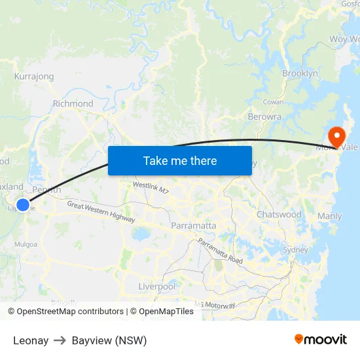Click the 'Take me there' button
click(180, 160)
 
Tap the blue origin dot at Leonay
click(23, 205)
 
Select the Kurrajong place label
click(34, 77)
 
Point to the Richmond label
click(73, 103)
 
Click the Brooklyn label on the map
click(300, 74)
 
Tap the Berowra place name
click(264, 117)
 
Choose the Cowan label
click(272, 102)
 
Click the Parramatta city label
click(193, 226)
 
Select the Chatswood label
click(279, 215)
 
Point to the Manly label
click(329, 216)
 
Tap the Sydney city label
click(295, 250)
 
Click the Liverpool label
click(157, 287)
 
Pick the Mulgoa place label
click(26, 244)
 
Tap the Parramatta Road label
click(220, 251)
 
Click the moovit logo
click(321, 340)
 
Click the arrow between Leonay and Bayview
click(60, 340)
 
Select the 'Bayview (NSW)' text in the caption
click(109, 340)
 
